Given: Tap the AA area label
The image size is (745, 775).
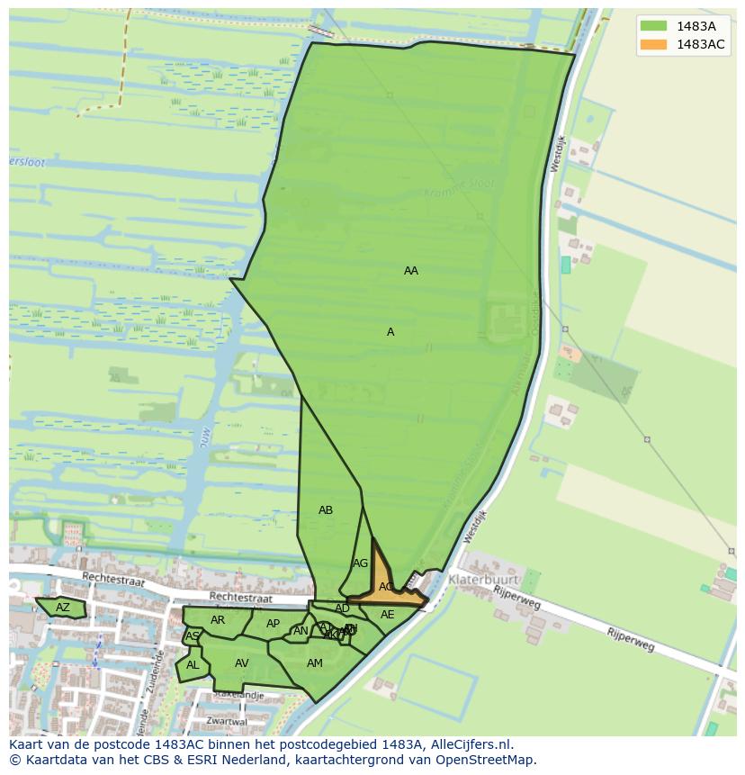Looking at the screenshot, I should pyautogui.click(x=411, y=271).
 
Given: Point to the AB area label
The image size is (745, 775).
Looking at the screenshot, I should pyautogui.click(x=326, y=510).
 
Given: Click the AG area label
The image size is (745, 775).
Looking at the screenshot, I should pyautogui.click(x=360, y=563).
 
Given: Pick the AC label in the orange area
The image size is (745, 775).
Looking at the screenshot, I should pyautogui.click(x=386, y=587).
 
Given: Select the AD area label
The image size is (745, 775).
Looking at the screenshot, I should pyautogui.click(x=342, y=608).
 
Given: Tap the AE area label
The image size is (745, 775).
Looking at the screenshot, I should pyautogui.click(x=387, y=615).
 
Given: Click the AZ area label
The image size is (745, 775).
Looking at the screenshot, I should pyautogui.click(x=62, y=608).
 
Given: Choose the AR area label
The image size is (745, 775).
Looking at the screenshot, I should pyautogui.click(x=218, y=620).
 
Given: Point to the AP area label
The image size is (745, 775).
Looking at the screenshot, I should pyautogui.click(x=273, y=624).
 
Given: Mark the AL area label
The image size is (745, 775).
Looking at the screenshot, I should pyautogui.click(x=193, y=665).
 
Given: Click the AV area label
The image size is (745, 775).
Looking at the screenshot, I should pyautogui.click(x=241, y=663).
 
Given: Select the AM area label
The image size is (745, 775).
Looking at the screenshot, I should pyautogui.click(x=314, y=663).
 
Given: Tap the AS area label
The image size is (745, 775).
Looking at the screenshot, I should pyautogui.click(x=192, y=636).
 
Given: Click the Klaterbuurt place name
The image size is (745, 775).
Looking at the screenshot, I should pyautogui.click(x=483, y=579).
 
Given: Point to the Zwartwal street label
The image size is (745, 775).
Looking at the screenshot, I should pyautogui.click(x=226, y=721).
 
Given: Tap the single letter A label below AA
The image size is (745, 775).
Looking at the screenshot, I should pyautogui.click(x=390, y=332).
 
